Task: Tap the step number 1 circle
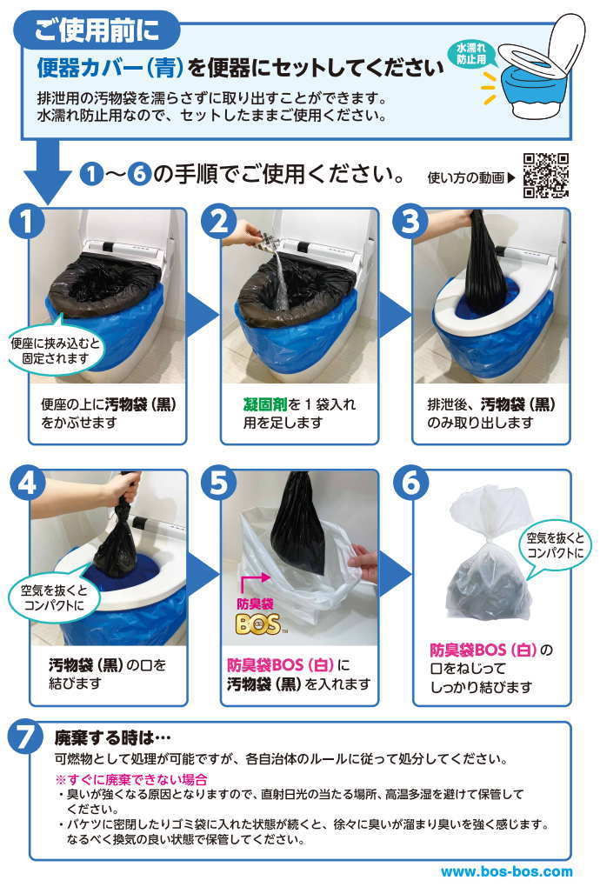[27, 222]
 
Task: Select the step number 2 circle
[219, 222]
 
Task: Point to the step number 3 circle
[410, 222]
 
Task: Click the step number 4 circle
[27, 484]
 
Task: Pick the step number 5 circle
[219, 484]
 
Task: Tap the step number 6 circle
[410, 484]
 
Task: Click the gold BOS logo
[258, 624]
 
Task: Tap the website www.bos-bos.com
[506, 871]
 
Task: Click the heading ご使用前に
[97, 30]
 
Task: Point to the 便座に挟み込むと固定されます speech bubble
[55, 350]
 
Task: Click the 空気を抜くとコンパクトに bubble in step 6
[556, 546]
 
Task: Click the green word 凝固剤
[265, 404]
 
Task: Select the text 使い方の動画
[466, 177]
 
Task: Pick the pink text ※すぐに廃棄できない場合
[131, 779]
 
